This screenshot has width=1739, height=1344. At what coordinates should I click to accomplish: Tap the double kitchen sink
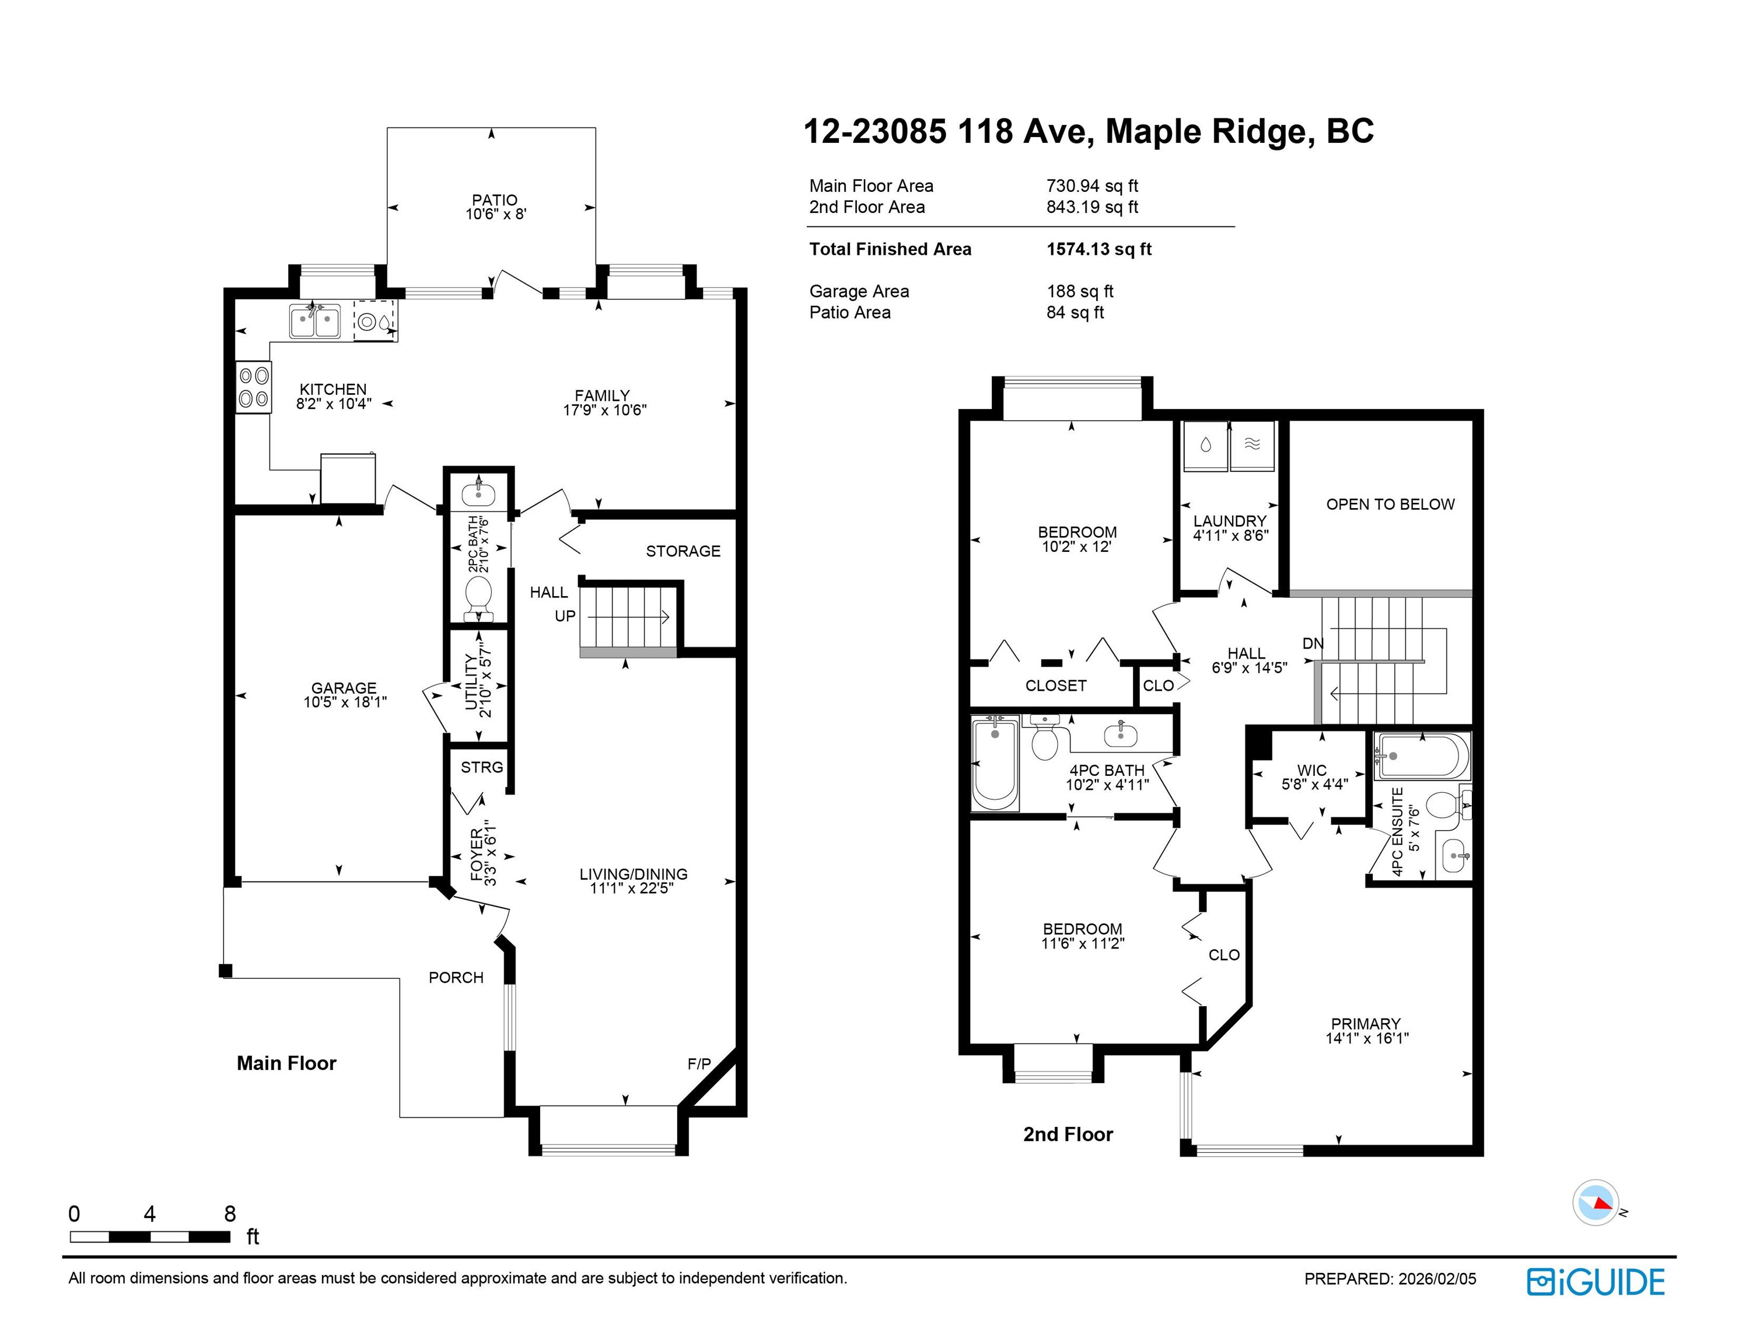314,321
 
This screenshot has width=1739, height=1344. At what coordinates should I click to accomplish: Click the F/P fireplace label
699,1064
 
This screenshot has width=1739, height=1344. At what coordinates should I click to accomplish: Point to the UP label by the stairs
565,616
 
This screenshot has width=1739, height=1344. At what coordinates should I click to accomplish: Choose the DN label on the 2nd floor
1313,643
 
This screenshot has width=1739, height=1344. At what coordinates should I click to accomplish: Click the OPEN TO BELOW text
1390,504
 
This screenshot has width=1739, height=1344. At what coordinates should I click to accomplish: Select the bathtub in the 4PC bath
995,763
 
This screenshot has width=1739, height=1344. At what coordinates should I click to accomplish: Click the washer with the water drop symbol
1205,447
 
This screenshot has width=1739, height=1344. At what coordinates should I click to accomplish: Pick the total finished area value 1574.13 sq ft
1099,249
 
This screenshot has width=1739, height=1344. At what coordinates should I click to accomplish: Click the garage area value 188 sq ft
1080,292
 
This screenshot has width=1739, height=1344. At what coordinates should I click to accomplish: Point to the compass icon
1595,1202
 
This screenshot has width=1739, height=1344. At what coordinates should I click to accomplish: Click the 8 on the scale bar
230,1214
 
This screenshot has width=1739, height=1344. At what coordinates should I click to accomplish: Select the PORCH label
456,978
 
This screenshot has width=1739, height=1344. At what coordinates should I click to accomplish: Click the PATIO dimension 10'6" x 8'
496,214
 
